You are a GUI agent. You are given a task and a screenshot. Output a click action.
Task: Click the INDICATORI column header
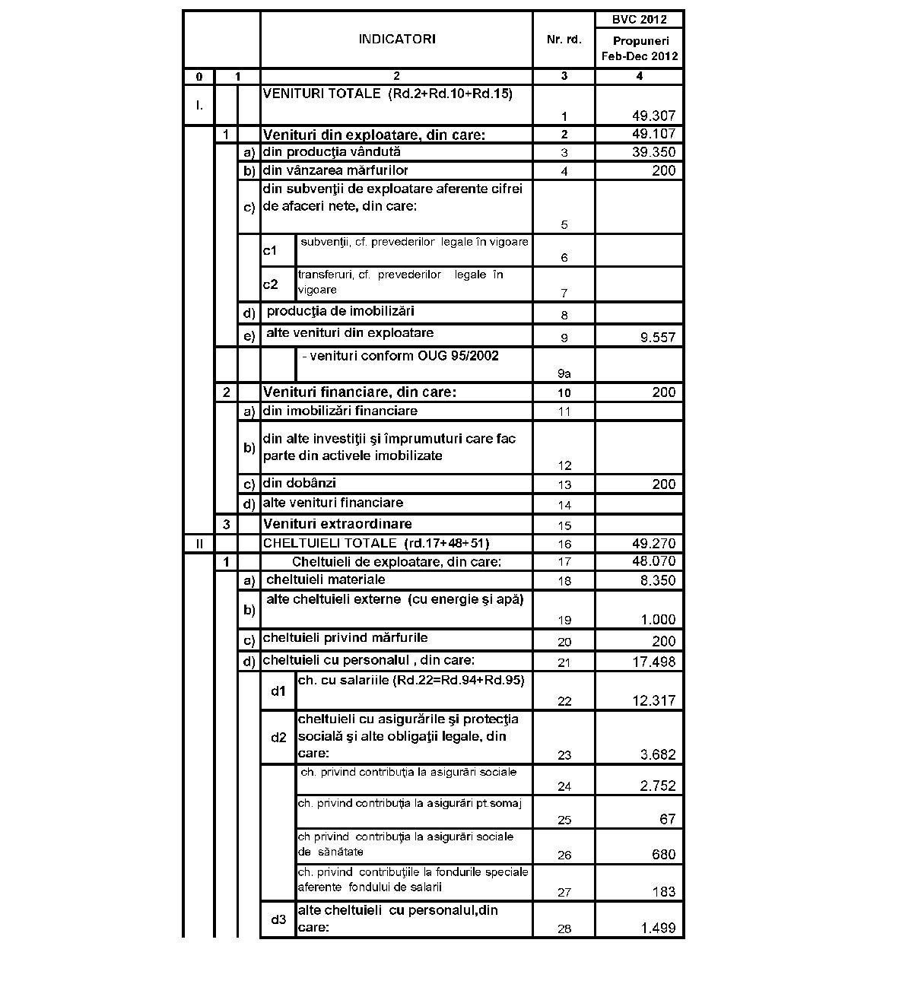click(396, 40)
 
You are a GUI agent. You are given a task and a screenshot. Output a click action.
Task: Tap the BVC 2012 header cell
click(639, 20)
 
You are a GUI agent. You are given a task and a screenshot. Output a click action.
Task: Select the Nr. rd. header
click(564, 40)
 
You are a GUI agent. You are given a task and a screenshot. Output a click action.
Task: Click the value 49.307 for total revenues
click(653, 116)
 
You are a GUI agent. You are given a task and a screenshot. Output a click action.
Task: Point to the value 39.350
click(653, 152)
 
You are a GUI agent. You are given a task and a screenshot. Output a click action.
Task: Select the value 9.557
click(657, 338)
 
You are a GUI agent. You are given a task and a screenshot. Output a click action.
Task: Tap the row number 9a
click(564, 373)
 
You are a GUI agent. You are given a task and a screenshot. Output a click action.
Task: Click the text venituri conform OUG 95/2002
click(400, 356)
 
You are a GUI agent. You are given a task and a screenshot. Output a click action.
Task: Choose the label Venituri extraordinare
click(337, 524)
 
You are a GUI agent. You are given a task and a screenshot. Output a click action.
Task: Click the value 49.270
click(653, 544)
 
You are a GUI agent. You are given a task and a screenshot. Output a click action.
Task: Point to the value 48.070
click(653, 561)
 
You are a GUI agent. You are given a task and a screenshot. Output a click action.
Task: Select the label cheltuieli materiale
click(326, 579)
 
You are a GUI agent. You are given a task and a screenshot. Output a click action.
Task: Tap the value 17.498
click(653, 662)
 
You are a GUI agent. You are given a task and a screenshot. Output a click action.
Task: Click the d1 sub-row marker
click(278, 691)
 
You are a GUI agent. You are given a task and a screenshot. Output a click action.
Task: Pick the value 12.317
click(653, 700)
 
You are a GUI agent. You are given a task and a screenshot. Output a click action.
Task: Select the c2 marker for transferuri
click(270, 284)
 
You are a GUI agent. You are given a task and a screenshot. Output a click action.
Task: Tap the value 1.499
click(657, 928)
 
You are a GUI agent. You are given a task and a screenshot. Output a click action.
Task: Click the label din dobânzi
click(299, 483)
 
